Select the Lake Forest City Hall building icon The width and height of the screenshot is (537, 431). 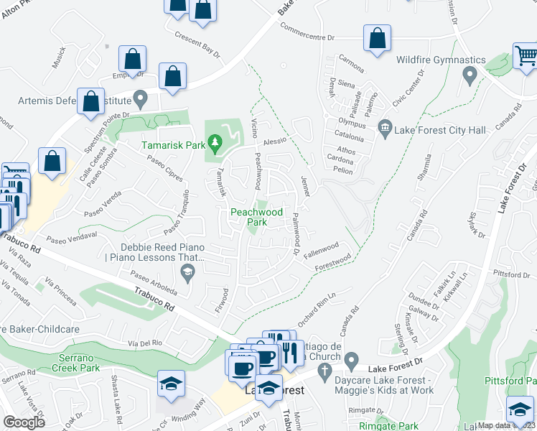coord(386,129)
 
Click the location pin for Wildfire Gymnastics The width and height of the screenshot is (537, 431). coord(470,75)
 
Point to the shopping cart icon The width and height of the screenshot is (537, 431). coord(526,55)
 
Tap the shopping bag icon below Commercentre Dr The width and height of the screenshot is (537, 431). coord(377,40)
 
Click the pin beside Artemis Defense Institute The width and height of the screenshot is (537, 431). coord(141,97)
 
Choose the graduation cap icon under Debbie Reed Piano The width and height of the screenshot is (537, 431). coord(187,271)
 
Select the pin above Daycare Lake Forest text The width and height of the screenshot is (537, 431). coord(351,359)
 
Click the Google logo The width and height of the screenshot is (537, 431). coord(24,422)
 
